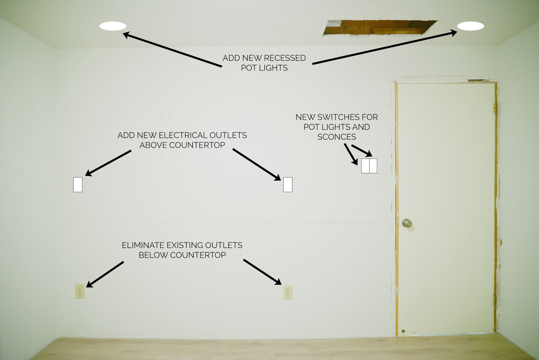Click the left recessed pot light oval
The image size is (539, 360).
[113, 26]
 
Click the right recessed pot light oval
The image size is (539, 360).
[471, 26]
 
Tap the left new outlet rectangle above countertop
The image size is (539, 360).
[78, 184]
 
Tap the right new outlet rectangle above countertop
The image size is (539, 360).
[288, 184]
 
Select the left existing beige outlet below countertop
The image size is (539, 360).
[80, 291]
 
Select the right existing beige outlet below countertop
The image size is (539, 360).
[288, 292]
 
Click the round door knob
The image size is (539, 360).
[407, 223]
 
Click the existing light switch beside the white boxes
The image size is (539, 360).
[382, 166]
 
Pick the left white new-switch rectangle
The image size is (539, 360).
[366, 166]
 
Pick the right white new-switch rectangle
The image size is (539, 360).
[373, 166]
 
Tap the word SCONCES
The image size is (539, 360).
[337, 137]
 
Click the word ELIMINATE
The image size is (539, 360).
[143, 245]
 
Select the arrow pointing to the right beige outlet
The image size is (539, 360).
[262, 272]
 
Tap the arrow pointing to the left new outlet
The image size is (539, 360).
[108, 163]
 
